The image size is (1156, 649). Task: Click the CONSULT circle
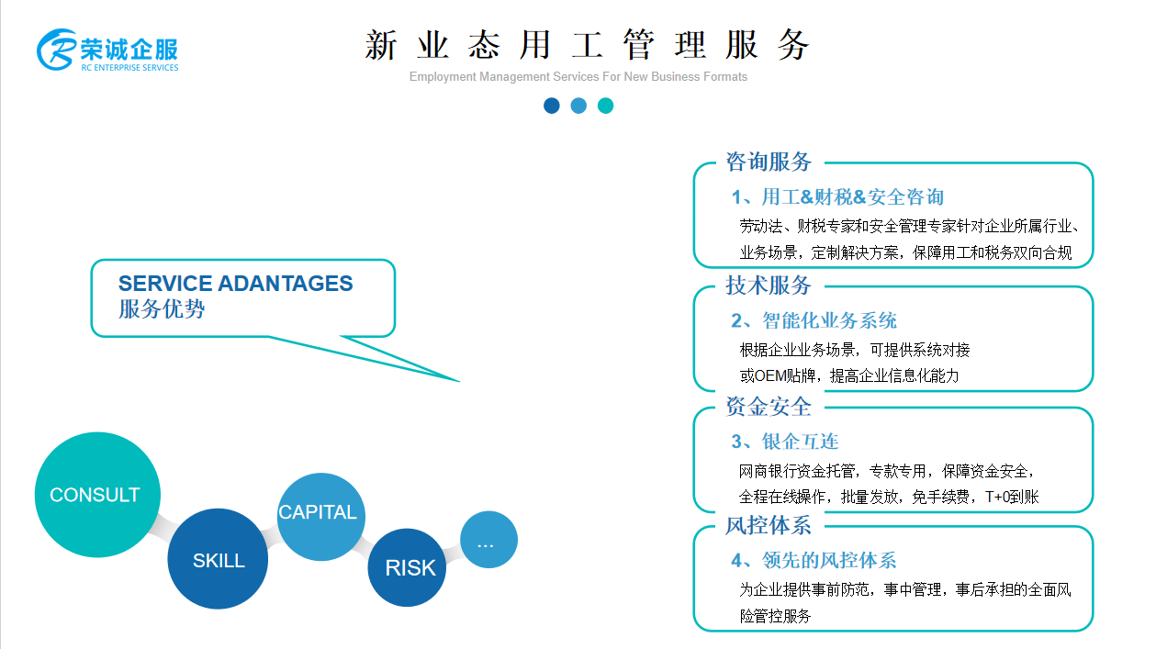[x=97, y=494]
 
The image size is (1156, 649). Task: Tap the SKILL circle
[x=218, y=559]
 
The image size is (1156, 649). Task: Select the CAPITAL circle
[x=321, y=517]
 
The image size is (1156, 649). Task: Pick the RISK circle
[x=407, y=567]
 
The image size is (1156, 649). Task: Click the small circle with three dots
[x=488, y=540]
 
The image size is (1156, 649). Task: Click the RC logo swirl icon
[x=56, y=50]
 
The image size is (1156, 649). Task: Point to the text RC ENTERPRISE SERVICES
[x=129, y=68]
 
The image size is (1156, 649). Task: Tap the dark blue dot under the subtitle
[x=552, y=106]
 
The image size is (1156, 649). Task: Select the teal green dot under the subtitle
[x=605, y=106]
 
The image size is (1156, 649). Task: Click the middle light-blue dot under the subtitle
[x=578, y=106]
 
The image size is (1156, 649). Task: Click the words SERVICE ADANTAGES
[x=236, y=284]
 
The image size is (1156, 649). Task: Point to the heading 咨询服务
[x=769, y=162]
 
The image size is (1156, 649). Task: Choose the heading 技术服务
[x=769, y=285]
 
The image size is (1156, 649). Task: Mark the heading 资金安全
[x=769, y=407]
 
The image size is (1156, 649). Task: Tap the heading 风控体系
[x=769, y=526]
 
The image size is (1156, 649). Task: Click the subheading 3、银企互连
[x=785, y=442]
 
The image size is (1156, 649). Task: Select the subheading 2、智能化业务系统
[x=814, y=321]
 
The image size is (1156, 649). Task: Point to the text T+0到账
[x=1012, y=497]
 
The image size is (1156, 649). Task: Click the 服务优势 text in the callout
[x=162, y=309]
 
